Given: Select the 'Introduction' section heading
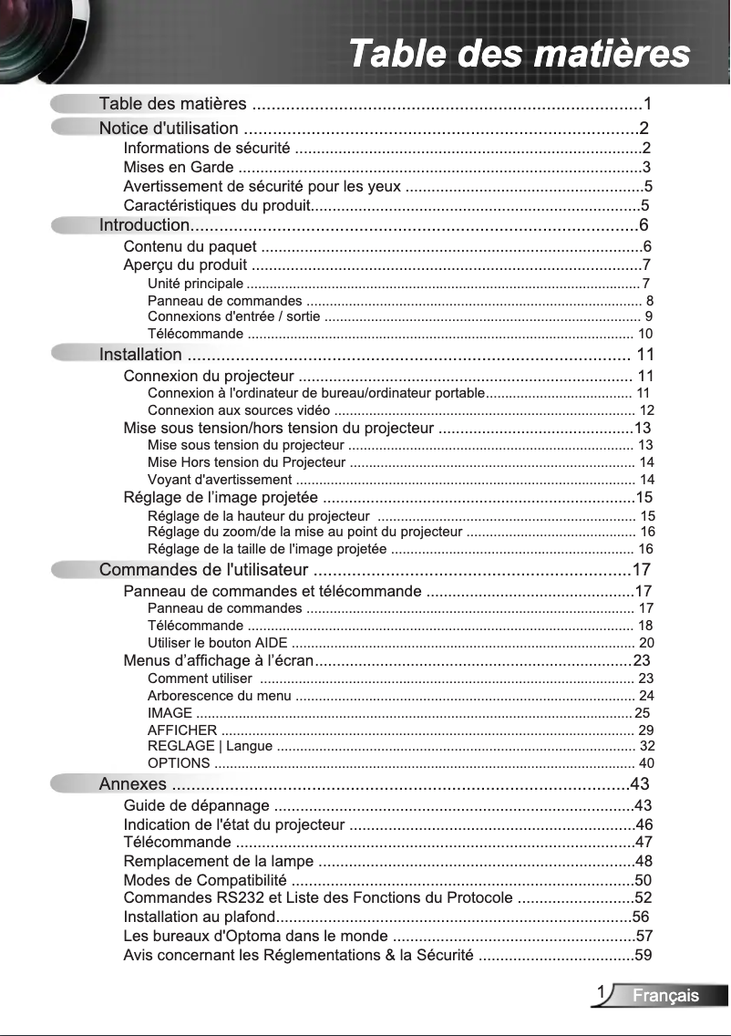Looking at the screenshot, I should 144,225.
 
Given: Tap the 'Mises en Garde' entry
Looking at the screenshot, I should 178,167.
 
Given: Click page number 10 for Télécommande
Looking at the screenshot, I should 645,333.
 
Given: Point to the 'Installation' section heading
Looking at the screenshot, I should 140,355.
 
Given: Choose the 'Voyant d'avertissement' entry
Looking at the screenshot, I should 220,480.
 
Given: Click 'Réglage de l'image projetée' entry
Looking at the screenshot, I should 221,498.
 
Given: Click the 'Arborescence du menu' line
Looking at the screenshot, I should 219,696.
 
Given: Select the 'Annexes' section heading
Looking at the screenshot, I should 133,784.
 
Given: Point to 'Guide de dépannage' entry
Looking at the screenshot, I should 196,805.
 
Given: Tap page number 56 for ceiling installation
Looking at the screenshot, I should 641,917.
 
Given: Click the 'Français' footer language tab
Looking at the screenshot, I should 666,996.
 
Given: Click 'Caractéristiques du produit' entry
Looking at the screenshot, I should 217,204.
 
